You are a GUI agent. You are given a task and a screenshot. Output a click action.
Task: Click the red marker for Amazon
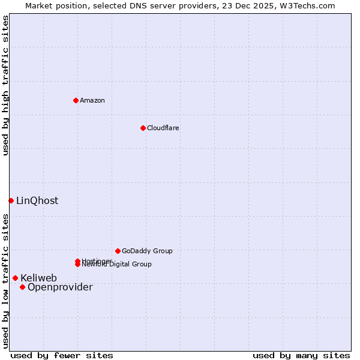tap(76, 100)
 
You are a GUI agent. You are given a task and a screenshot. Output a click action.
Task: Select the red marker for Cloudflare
tap(143, 128)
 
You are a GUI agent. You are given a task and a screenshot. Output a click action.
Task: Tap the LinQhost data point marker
tap(11, 200)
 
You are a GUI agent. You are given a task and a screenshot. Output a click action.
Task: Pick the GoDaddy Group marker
tap(118, 251)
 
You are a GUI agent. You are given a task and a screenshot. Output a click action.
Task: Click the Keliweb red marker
tap(15, 278)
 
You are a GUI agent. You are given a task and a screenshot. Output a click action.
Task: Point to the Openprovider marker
tap(22, 287)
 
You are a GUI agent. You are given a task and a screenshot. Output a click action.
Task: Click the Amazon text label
tap(92, 100)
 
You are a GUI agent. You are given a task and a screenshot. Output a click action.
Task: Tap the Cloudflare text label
tap(163, 128)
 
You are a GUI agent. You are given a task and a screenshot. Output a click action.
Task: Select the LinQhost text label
tap(37, 200)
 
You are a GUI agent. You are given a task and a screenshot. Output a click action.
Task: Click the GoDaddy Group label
tap(147, 251)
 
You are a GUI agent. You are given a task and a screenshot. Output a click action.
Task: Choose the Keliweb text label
tap(38, 278)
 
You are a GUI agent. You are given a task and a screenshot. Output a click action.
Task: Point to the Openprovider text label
tap(60, 287)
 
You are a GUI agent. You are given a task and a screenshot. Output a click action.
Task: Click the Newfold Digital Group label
tap(118, 265)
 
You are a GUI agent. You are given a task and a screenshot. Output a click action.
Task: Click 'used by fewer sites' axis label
tap(62, 355)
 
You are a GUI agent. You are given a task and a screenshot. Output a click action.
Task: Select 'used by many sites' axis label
tap(301, 355)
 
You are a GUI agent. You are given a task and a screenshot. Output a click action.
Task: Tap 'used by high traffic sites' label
tap(5, 85)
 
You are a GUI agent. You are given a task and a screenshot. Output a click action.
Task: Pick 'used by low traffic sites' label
tap(5, 281)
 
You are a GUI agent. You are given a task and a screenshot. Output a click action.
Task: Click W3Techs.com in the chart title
tap(308, 5)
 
